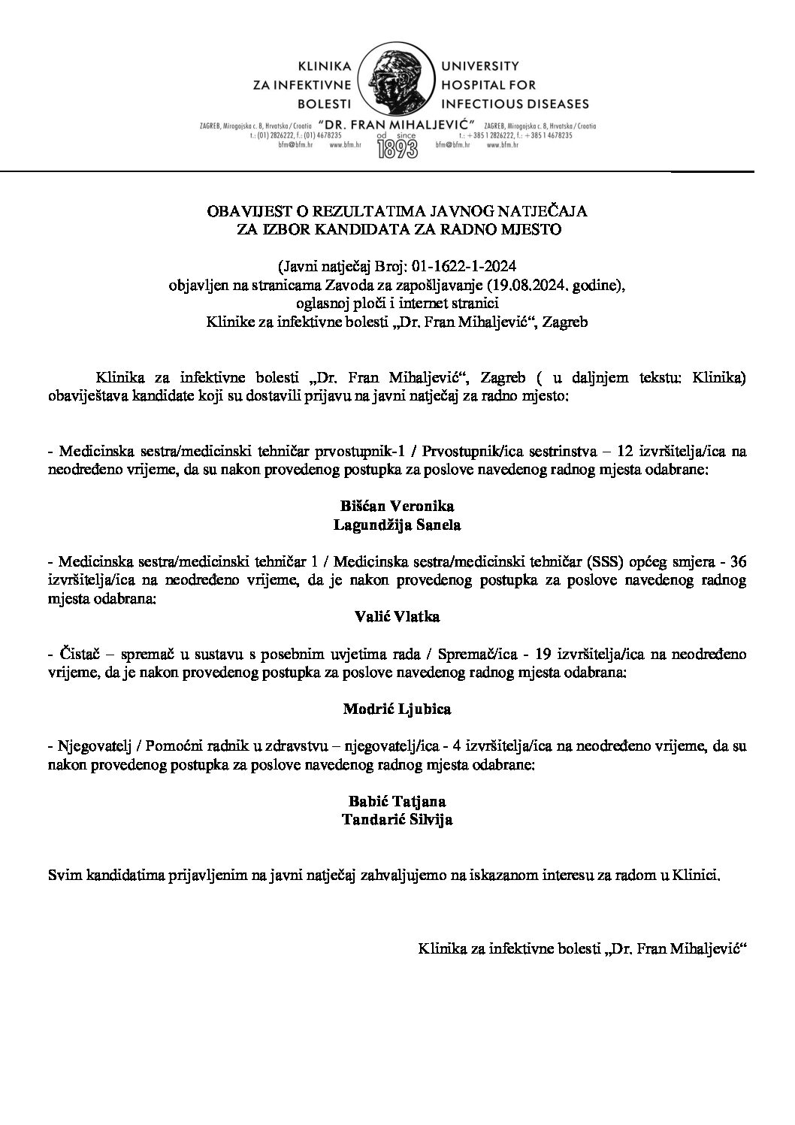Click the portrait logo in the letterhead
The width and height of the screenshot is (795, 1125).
click(397, 84)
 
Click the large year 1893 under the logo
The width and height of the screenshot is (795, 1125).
click(397, 147)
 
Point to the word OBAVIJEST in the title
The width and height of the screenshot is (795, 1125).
click(240, 213)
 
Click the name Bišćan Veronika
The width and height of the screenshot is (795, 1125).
click(397, 506)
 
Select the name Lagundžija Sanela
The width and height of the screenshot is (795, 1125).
click(397, 525)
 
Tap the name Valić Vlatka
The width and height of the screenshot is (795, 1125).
click(397, 616)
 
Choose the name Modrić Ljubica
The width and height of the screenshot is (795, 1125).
click(397, 708)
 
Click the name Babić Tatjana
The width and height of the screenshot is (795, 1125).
click(397, 800)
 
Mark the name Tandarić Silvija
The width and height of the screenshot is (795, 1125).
click(397, 820)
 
